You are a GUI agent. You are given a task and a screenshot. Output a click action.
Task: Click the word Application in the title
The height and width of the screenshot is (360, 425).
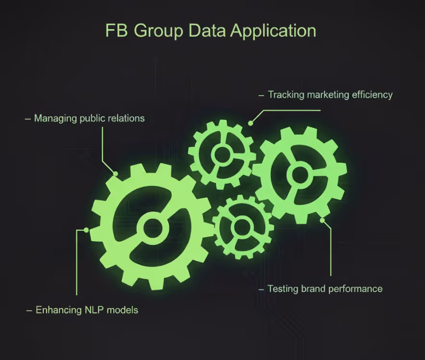[273, 31]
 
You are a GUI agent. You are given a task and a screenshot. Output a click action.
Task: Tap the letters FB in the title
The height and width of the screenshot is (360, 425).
[117, 31]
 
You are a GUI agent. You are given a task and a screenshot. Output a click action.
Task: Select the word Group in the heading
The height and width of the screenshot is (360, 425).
[159, 31]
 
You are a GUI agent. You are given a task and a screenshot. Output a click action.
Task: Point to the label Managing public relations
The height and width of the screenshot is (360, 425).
[89, 118]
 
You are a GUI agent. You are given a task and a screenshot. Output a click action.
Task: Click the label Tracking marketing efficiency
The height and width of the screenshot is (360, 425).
[330, 94]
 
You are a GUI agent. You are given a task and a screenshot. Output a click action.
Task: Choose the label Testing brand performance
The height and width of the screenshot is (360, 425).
[325, 289]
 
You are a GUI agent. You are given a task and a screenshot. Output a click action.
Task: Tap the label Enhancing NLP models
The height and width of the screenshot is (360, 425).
[87, 310]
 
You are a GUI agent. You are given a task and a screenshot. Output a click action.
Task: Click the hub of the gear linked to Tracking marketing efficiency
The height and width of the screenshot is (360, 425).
[223, 154]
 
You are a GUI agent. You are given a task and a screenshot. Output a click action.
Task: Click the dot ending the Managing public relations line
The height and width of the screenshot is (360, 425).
[115, 173]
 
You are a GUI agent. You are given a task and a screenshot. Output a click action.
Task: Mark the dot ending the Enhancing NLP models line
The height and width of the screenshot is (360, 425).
[86, 230]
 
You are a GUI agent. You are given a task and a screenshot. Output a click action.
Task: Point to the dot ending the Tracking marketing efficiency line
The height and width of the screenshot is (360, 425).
[250, 123]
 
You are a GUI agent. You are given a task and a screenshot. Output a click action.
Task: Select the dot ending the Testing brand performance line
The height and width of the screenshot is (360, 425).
[323, 221]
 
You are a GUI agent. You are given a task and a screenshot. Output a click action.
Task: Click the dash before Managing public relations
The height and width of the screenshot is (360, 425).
[28, 118]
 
